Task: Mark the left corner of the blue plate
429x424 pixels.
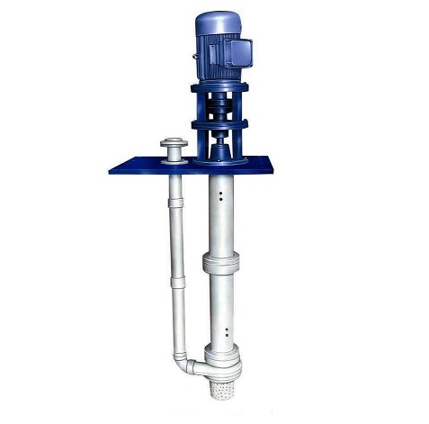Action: pos(135,167)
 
